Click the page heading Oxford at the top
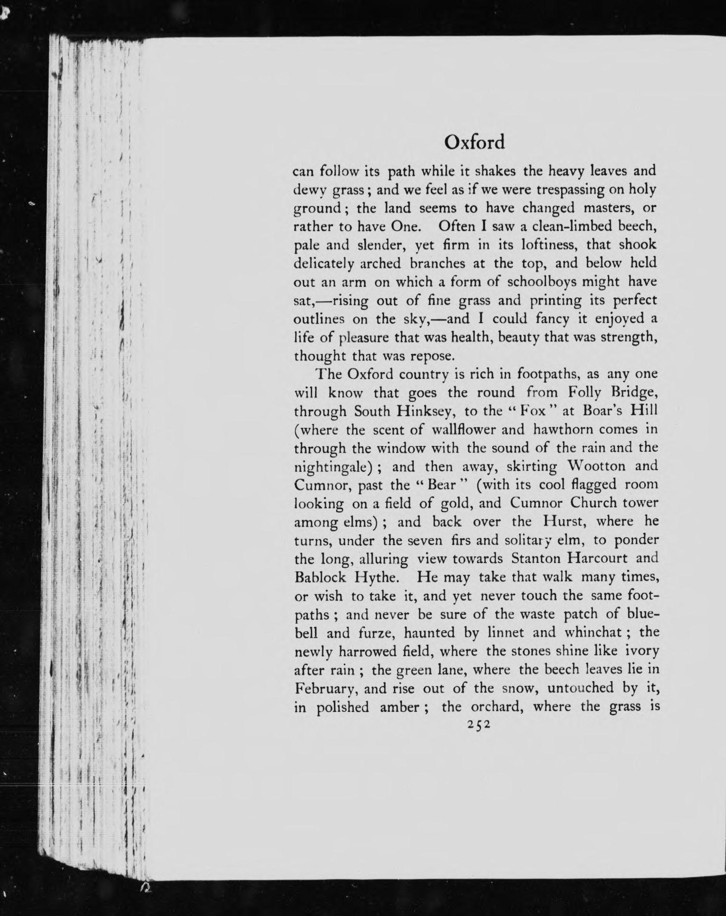(x=475, y=142)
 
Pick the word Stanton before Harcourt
(x=536, y=558)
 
